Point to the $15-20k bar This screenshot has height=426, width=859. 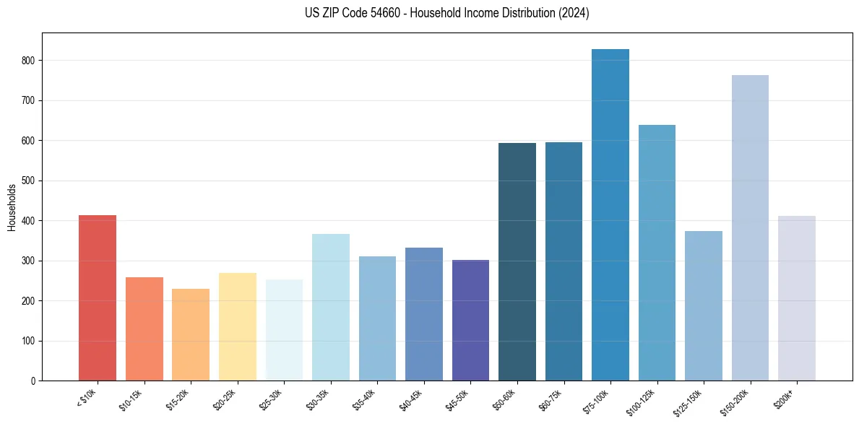pyautogui.click(x=191, y=335)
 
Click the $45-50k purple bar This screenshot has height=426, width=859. pyautogui.click(x=470, y=321)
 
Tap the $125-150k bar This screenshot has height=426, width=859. pyautogui.click(x=703, y=306)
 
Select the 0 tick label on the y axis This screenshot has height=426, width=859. pyautogui.click(x=33, y=381)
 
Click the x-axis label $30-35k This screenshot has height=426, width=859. pyautogui.click(x=319, y=400)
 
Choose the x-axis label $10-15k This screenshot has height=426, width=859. pyautogui.click(x=132, y=400)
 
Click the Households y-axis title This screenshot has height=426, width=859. pyautogui.click(x=12, y=207)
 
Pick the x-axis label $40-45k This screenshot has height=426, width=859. pyautogui.click(x=412, y=400)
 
